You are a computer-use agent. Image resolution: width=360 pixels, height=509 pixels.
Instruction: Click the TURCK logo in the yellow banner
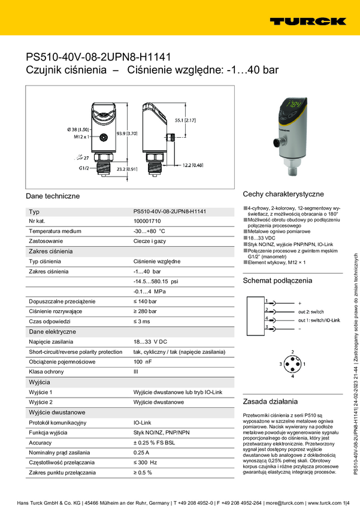308,21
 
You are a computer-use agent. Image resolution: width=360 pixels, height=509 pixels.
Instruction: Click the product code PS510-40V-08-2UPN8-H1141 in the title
98,57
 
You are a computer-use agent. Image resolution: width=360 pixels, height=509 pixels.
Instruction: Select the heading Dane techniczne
53,196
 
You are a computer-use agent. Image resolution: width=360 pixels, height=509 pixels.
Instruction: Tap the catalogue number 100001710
148,221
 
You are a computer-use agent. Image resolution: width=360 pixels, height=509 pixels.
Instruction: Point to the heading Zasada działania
271,401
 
